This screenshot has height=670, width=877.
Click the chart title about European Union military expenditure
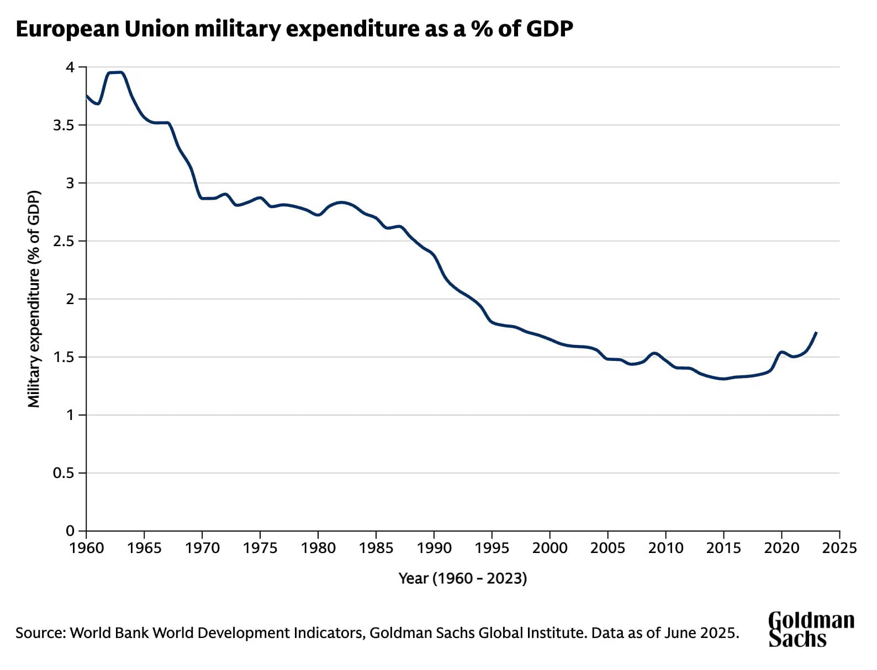pyautogui.click(x=294, y=29)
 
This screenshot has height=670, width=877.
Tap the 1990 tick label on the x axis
pyautogui.click(x=434, y=548)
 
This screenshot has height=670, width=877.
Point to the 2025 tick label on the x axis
pyautogui.click(x=839, y=548)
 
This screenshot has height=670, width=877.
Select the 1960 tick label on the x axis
pyautogui.click(x=87, y=548)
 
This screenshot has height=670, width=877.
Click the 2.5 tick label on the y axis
pyautogui.click(x=63, y=241)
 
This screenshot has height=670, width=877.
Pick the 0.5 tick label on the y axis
pyautogui.click(x=63, y=473)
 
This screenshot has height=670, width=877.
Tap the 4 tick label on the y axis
pyautogui.click(x=70, y=67)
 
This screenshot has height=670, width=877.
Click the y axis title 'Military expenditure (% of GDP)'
pyautogui.click(x=34, y=299)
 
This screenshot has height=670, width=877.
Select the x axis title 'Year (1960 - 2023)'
pyautogui.click(x=463, y=578)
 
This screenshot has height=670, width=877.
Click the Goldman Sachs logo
pyautogui.click(x=811, y=629)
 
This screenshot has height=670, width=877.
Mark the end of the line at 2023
pyautogui.click(x=816, y=332)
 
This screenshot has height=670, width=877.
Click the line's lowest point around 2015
pyautogui.click(x=723, y=379)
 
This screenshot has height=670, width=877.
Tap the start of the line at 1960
pyautogui.click(x=87, y=95)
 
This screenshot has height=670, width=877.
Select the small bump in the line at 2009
pyautogui.click(x=654, y=353)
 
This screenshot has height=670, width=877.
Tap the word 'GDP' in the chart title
pyautogui.click(x=549, y=29)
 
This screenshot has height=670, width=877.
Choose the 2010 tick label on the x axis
pyautogui.click(x=665, y=548)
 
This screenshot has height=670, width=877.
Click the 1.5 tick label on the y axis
pyautogui.click(x=63, y=357)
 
